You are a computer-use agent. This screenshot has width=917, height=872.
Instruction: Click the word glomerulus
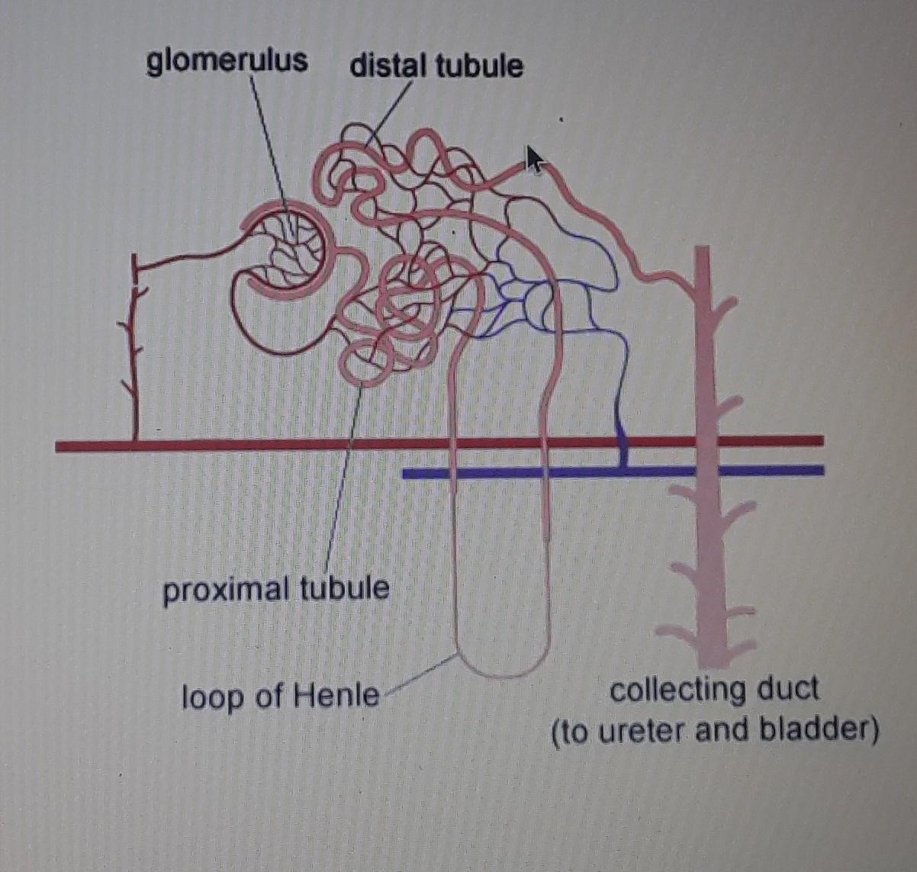coord(227,61)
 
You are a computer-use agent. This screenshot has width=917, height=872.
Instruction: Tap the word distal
coord(388,67)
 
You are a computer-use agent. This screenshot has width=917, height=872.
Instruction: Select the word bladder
coord(819,731)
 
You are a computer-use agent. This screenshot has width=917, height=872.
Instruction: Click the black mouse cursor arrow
coord(536,159)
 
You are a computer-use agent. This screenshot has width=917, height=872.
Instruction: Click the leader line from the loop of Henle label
coord(420,674)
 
